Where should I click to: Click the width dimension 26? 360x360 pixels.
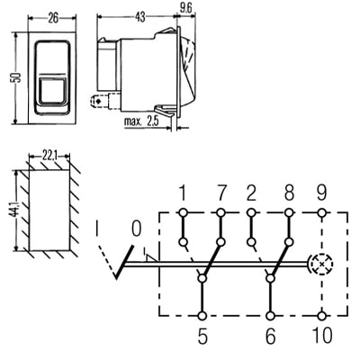click(x=53, y=18)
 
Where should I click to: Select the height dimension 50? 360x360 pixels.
click(x=17, y=77)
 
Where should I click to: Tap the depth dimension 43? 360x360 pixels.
click(x=139, y=17)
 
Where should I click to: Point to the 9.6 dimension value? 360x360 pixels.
click(x=185, y=9)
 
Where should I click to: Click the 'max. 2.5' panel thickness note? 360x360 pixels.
click(x=141, y=121)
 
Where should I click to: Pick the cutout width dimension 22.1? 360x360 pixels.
click(x=50, y=157)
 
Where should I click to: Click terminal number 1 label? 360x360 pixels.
click(x=182, y=193)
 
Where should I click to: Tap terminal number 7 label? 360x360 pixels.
click(x=220, y=193)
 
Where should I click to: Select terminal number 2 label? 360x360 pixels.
click(x=251, y=193)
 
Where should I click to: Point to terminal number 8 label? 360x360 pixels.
click(x=289, y=193)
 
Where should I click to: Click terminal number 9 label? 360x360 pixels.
click(x=321, y=193)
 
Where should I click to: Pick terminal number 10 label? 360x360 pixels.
click(x=322, y=335)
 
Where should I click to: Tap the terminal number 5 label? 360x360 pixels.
click(x=202, y=336)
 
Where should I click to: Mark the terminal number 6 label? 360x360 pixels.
click(x=270, y=336)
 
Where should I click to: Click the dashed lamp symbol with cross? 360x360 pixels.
click(x=321, y=265)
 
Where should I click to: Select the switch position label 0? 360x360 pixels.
click(x=136, y=229)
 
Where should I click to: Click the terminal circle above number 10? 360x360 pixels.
click(x=322, y=316)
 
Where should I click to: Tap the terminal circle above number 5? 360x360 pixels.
click(x=202, y=316)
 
